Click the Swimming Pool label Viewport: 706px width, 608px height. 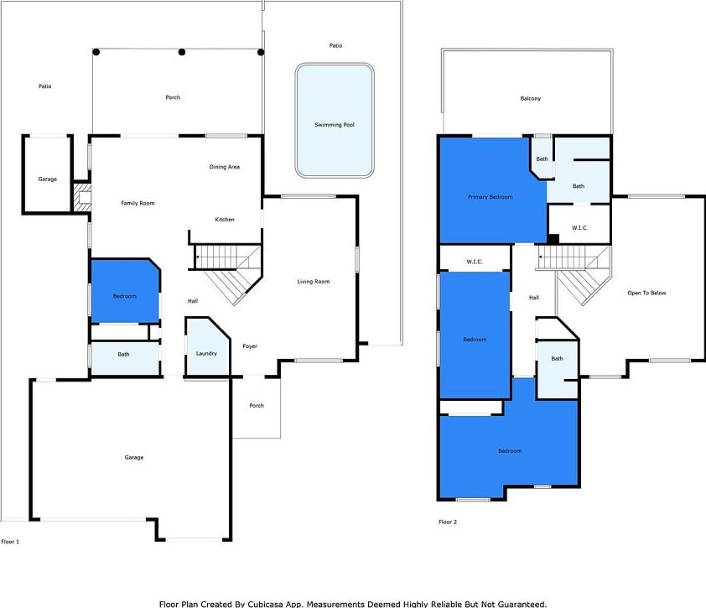click(334, 125)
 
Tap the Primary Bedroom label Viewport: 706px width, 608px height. click(490, 197)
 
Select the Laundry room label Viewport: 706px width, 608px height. click(206, 354)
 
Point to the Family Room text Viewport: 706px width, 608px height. click(138, 203)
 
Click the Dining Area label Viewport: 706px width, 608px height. click(225, 167)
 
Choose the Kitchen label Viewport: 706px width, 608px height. click(225, 220)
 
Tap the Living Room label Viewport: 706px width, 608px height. click(314, 282)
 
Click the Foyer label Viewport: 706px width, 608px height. click(250, 346)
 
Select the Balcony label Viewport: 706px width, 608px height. click(530, 99)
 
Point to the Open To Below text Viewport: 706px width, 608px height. click(646, 294)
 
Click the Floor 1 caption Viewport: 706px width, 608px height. click(10, 543)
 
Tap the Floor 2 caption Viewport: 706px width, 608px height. click(448, 522)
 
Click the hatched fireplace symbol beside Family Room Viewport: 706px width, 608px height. click(81, 199)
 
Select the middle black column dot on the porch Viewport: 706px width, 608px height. click(182, 52)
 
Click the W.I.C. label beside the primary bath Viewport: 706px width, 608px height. click(579, 227)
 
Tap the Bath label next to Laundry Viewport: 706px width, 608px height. click(123, 355)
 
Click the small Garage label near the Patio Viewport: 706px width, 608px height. click(48, 179)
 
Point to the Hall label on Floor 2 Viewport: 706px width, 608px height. click(534, 298)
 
